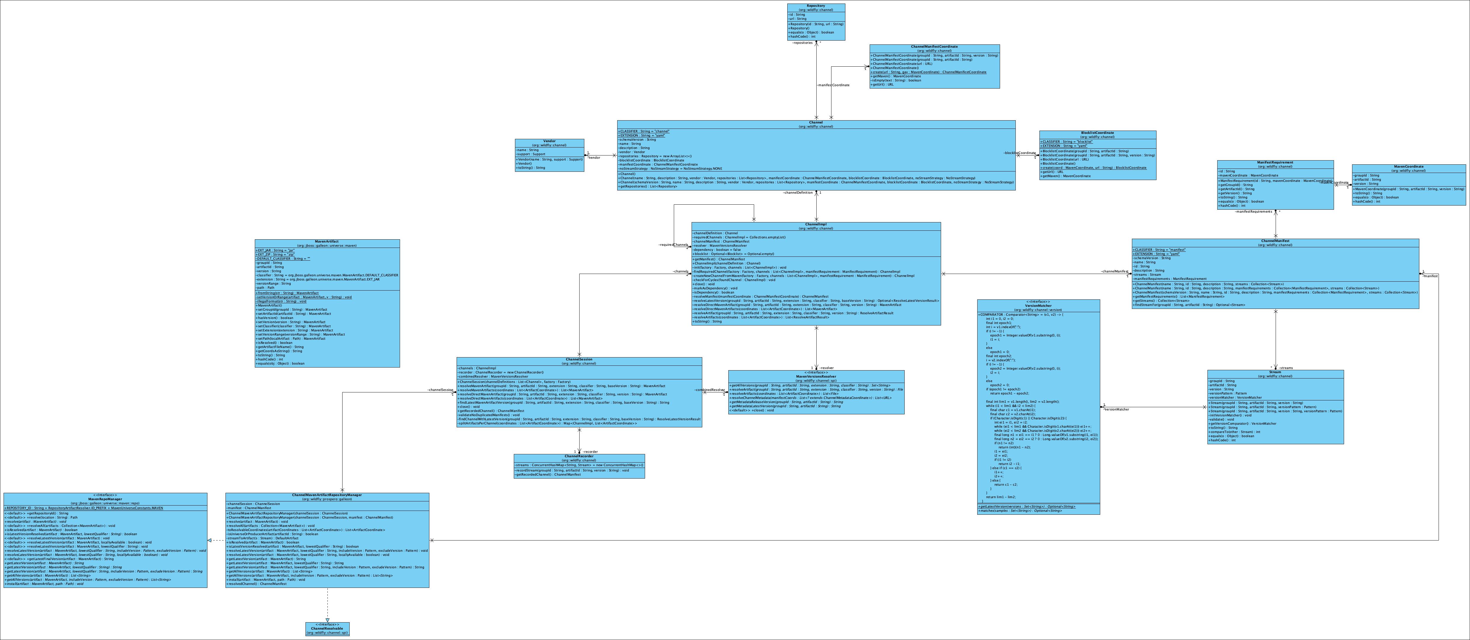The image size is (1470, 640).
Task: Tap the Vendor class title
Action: (x=549, y=141)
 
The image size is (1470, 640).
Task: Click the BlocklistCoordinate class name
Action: (x=1097, y=133)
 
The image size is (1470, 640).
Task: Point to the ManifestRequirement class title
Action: (x=1275, y=163)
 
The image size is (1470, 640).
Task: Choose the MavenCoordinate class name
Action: (x=1408, y=166)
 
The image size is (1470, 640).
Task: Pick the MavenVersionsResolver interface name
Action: (x=816, y=376)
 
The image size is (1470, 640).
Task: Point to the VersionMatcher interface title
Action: (x=1038, y=306)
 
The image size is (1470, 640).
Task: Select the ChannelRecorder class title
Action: (x=579, y=456)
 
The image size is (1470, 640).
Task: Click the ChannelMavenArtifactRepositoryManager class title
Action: (x=327, y=495)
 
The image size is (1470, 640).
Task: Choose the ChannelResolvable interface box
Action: (x=327, y=628)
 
